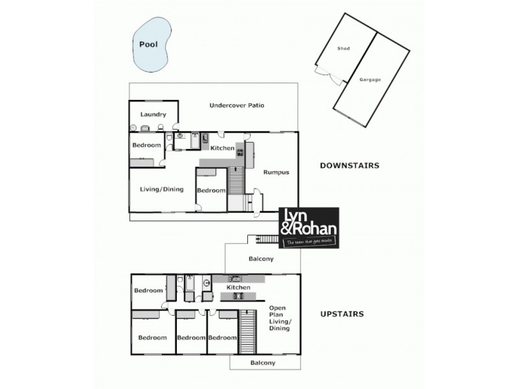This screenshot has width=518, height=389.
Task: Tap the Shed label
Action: pyautogui.click(x=343, y=49)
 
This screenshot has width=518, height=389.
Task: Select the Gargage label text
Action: pyautogui.click(x=370, y=80)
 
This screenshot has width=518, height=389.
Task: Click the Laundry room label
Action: pyautogui.click(x=154, y=115)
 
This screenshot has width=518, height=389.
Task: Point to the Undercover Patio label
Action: pyautogui.click(x=236, y=105)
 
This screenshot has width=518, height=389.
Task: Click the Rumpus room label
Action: pyautogui.click(x=275, y=172)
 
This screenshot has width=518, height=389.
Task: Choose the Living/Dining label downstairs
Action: pyautogui.click(x=162, y=189)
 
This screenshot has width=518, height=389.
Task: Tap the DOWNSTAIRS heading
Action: pyautogui.click(x=350, y=166)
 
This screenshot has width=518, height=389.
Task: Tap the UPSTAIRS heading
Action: pyautogui.click(x=342, y=314)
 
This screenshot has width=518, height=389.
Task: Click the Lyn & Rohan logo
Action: pyautogui.click(x=309, y=228)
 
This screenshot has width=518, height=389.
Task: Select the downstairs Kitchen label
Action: pyautogui.click(x=222, y=148)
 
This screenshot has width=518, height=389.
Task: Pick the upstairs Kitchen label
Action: pyautogui.click(x=238, y=287)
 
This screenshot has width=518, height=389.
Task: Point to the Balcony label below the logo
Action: pyautogui.click(x=261, y=259)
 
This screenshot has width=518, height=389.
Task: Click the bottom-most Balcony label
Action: pyautogui.click(x=263, y=363)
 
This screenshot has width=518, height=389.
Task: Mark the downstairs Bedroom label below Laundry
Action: pyautogui.click(x=146, y=145)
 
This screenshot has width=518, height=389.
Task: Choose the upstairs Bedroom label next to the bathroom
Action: pyautogui.click(x=148, y=290)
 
